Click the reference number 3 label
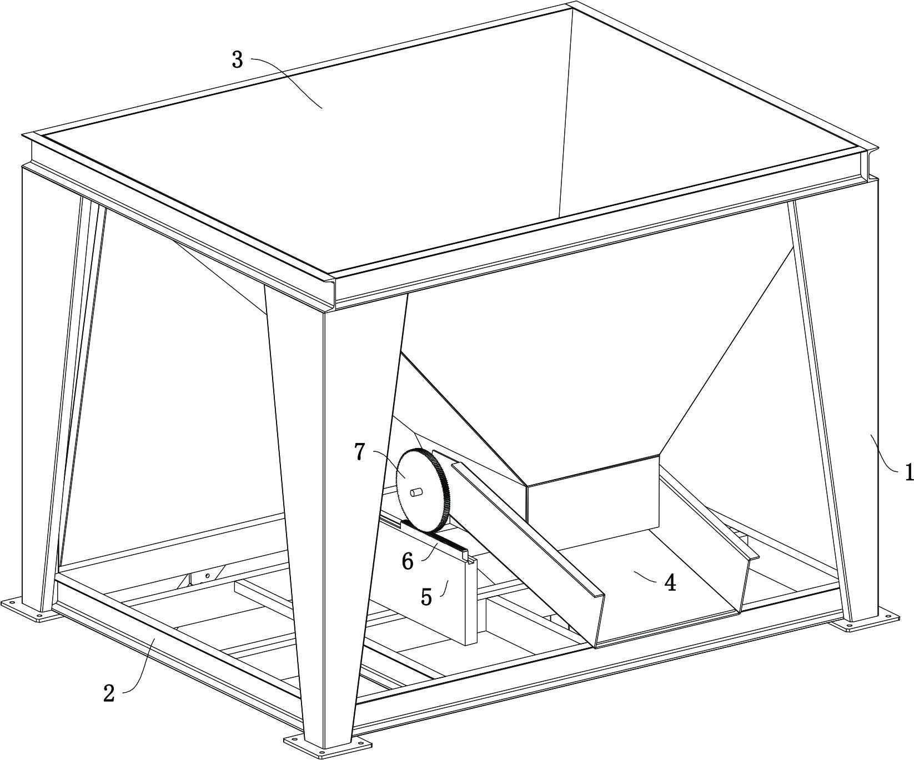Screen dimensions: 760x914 click(x=238, y=59)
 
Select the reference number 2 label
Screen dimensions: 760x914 click(x=109, y=693)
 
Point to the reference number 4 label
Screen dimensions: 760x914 click(x=670, y=583)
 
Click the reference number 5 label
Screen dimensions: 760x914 click(x=426, y=597)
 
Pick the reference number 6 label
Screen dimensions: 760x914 click(x=408, y=562)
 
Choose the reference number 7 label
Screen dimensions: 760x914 click(x=360, y=452)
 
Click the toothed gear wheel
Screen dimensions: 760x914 click(x=422, y=489)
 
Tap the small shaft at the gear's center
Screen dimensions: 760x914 click(x=416, y=492)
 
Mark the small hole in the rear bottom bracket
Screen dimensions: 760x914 click(x=207, y=576)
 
